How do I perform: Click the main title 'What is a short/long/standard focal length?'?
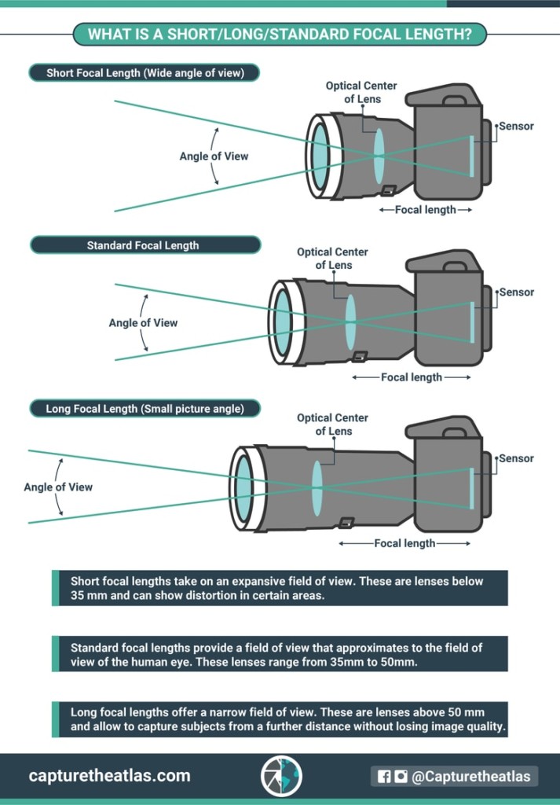tap(280, 35)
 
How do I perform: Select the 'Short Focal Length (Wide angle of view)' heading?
tap(145, 73)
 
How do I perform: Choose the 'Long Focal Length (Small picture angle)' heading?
tap(145, 409)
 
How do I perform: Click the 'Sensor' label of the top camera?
tap(516, 126)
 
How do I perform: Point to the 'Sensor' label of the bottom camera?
tap(516, 458)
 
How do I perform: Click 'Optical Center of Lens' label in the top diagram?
tap(361, 92)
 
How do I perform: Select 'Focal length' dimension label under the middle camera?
tap(412, 377)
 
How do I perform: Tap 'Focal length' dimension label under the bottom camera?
tap(404, 543)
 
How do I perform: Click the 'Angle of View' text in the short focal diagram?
tap(214, 156)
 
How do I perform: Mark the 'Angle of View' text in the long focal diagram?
tap(58, 487)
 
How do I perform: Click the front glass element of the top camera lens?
tap(320, 156)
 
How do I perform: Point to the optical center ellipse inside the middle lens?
tap(350, 322)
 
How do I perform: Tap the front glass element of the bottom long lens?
tap(244, 487)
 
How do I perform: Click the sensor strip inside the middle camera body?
tap(472, 322)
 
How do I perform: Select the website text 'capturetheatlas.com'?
tap(109, 776)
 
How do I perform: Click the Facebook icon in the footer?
tap(384, 777)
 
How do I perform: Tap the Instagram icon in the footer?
tap(401, 777)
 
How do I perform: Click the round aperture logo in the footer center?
tap(280, 776)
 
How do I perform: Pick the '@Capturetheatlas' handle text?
tap(471, 777)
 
